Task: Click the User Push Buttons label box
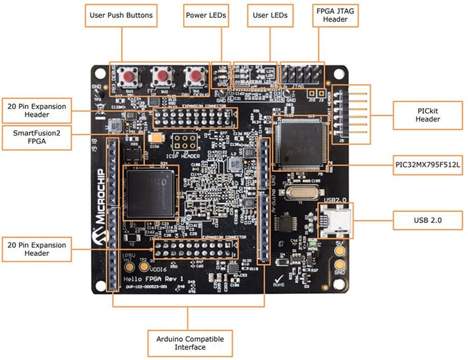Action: (121, 15)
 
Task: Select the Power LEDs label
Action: (205, 15)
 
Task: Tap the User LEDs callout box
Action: (269, 15)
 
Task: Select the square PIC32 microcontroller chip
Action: (300, 141)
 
